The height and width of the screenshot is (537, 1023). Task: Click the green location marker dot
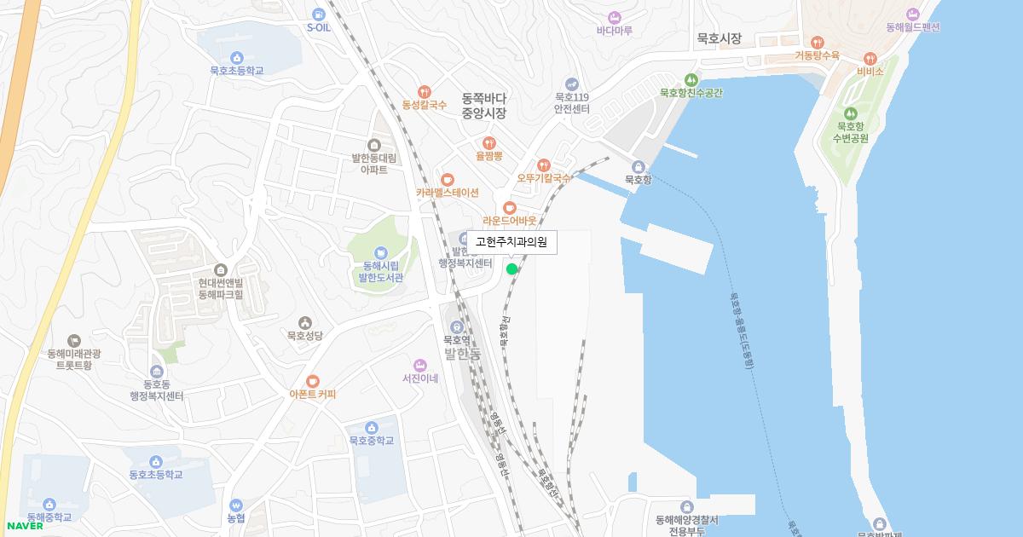coord(511,269)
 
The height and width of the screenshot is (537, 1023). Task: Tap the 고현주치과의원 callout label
coord(511,242)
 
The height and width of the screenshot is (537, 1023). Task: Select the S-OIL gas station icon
coord(318,14)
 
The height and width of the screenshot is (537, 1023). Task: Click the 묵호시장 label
coord(719,38)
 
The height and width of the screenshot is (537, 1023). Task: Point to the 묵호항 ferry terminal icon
coord(638,166)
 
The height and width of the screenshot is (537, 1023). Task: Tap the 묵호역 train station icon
coord(457,326)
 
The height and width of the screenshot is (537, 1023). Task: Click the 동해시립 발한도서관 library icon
coord(380,251)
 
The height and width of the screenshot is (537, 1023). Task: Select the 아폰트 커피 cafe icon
coord(313,380)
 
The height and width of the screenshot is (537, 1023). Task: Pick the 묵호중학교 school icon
coord(371,427)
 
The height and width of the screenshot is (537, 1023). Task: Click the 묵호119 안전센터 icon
coord(571,84)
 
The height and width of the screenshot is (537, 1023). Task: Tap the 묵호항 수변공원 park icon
coord(849,113)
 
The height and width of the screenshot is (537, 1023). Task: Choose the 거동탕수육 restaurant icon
coord(817,42)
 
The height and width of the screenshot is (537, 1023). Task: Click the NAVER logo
coord(22,525)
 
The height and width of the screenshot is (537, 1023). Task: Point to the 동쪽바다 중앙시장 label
coord(484,105)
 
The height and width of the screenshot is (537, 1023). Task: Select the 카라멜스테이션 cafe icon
coord(448,179)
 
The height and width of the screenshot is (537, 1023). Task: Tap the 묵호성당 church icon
coord(304,321)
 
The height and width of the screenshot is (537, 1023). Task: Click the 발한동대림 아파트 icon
coord(373,144)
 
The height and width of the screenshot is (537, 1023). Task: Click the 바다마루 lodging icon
coord(614,17)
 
